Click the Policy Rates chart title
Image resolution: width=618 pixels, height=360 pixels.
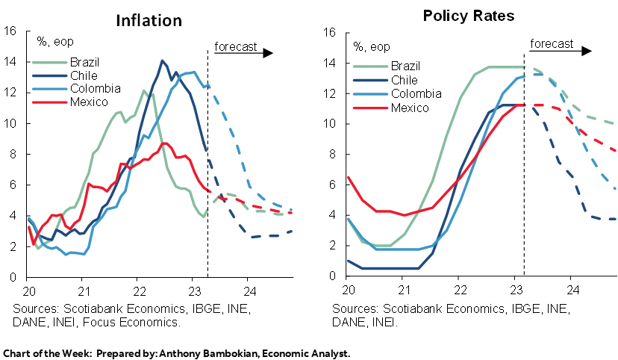(463, 16)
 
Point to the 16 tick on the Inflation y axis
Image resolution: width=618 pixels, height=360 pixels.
(10, 31)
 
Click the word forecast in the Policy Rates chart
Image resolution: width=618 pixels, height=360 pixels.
(552, 43)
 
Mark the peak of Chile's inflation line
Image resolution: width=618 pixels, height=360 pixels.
(162, 60)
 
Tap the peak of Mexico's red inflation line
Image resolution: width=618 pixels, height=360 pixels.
(166, 143)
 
